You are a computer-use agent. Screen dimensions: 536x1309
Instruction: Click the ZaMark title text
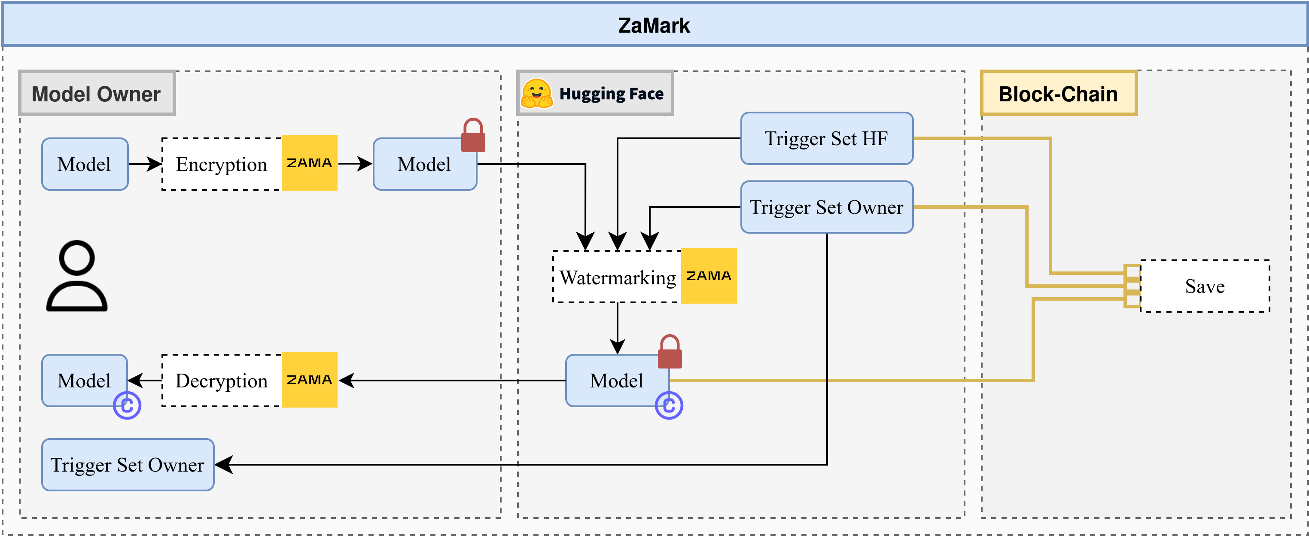[x=654, y=25]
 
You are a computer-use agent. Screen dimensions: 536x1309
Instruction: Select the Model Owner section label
[x=97, y=94]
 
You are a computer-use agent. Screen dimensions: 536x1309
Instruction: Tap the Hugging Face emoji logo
[x=536, y=94]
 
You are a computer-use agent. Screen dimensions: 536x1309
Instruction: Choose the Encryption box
[x=222, y=164]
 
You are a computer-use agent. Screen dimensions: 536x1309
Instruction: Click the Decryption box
[x=222, y=381]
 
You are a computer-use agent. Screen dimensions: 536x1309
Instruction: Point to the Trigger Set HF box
[x=826, y=138]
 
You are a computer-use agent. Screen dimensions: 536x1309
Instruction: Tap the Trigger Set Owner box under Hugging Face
[x=826, y=207]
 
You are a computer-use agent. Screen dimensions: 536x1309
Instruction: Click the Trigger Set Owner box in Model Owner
[x=128, y=464]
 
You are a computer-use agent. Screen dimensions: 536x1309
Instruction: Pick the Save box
[x=1204, y=286]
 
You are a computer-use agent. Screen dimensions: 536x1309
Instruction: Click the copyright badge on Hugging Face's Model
[x=669, y=405]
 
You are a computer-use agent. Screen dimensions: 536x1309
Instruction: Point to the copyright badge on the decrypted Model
[x=127, y=405]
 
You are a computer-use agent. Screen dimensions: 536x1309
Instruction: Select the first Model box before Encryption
[x=84, y=164]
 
